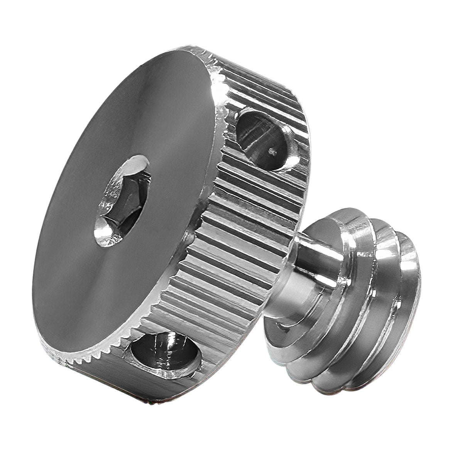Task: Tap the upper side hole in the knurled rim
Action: [262, 139]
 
